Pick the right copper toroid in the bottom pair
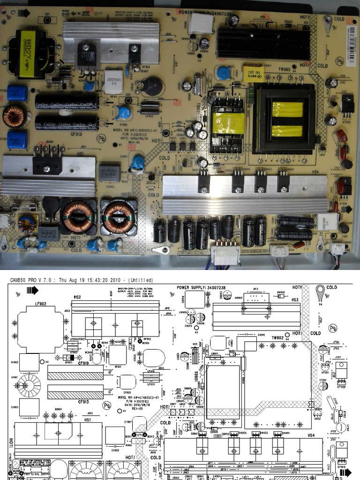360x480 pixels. pos(118,217)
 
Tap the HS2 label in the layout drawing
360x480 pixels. pos(77,298)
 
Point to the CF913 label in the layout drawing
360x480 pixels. pos(83,402)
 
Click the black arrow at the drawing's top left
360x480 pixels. pos(32,290)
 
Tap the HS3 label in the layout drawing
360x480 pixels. pos(295,300)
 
